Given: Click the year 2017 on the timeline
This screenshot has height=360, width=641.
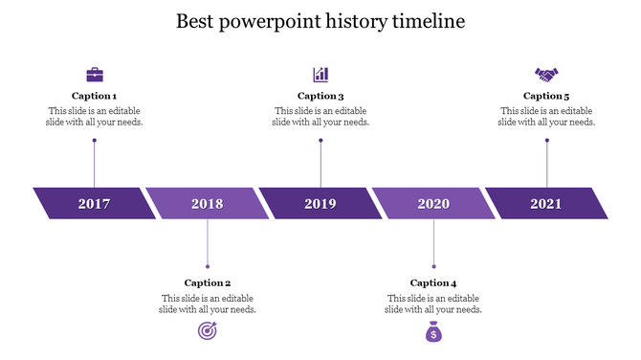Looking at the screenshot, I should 94,203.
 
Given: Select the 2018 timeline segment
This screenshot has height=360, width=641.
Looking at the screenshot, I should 207,203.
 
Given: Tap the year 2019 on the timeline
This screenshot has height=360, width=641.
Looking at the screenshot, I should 320,203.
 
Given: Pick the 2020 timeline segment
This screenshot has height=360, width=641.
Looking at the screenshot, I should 433,203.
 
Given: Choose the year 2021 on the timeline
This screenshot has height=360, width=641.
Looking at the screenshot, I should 546,203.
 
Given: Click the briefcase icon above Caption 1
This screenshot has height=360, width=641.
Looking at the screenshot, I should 95,74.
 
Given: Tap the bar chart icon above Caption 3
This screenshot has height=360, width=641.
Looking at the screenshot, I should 320,74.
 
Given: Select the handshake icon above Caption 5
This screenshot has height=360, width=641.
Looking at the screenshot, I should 546,74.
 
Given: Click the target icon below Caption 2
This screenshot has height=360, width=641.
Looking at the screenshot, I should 207,331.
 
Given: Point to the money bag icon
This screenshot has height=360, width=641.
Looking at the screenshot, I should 433,332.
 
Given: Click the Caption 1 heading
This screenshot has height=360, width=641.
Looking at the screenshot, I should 95,96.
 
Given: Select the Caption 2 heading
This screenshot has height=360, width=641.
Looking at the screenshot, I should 208,282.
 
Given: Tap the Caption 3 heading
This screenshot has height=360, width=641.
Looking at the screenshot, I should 320,96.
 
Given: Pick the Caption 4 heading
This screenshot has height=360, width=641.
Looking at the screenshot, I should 433,282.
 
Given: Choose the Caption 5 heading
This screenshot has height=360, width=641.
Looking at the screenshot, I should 546,96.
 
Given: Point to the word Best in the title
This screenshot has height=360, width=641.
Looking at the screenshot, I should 198,21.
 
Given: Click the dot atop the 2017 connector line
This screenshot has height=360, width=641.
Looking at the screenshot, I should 95,141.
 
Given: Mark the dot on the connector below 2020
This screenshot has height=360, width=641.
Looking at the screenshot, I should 433,266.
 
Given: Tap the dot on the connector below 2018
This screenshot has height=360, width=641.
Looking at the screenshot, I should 208,266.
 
